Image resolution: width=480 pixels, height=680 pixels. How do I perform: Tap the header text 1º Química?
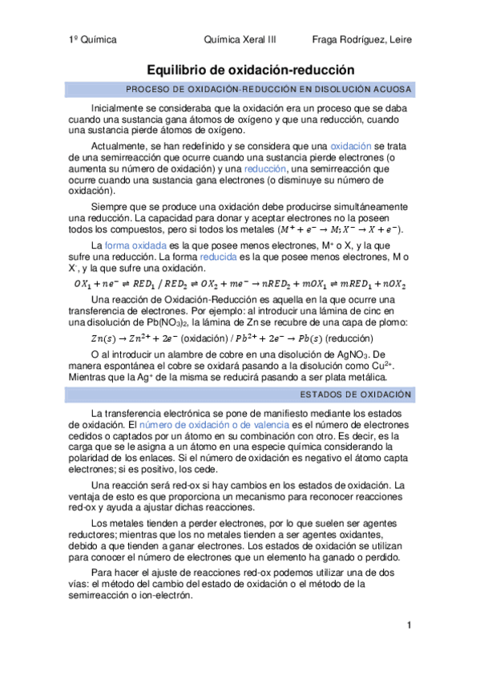point(94,38)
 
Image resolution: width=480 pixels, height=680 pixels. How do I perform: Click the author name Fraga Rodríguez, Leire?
point(361,38)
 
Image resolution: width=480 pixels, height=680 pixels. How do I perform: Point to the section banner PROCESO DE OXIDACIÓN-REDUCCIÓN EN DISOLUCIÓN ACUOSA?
point(269,88)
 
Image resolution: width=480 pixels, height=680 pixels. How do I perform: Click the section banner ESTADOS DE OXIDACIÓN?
point(356,395)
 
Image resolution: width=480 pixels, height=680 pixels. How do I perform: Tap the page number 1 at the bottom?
point(409,625)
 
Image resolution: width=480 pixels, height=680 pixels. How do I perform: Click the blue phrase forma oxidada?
point(135,245)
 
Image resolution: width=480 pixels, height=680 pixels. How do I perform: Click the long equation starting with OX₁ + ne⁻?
point(240,284)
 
